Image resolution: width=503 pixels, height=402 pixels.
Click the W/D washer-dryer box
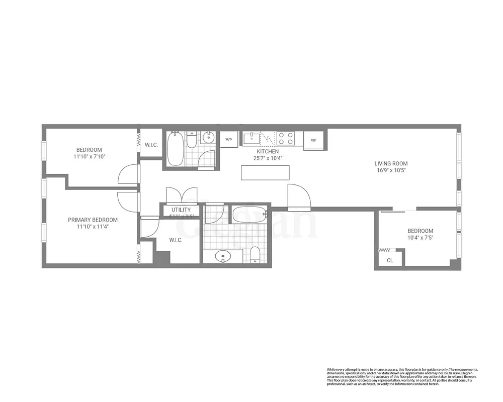tap(229, 139)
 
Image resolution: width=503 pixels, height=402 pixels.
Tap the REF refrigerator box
tap(313, 140)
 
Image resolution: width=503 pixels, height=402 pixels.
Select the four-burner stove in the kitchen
tap(286, 138)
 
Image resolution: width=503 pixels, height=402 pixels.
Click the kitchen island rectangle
tap(266, 172)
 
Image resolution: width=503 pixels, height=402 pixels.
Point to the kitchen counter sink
tap(251, 138)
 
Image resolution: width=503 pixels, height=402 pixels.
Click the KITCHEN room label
tap(268, 151)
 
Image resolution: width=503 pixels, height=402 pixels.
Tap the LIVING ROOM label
tap(391, 163)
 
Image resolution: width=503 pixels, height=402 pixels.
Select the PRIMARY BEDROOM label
tap(93, 220)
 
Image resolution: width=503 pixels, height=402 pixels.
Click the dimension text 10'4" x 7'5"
tap(420, 238)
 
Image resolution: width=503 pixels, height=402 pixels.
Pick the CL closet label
tap(390, 260)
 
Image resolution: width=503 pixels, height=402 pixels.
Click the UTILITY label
tap(181, 210)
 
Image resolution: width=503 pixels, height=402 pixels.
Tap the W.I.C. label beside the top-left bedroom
tap(151, 145)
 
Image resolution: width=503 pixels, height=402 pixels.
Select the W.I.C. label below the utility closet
tap(176, 240)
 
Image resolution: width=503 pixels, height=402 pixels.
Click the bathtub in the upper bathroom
tap(175, 149)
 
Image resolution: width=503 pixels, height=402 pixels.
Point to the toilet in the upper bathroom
tap(191, 140)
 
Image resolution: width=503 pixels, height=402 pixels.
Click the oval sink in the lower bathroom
tap(223, 257)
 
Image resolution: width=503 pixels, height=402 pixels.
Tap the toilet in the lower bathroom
tap(255, 255)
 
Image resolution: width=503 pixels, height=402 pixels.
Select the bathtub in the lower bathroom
tap(249, 215)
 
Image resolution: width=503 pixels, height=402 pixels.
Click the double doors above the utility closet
tap(181, 194)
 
